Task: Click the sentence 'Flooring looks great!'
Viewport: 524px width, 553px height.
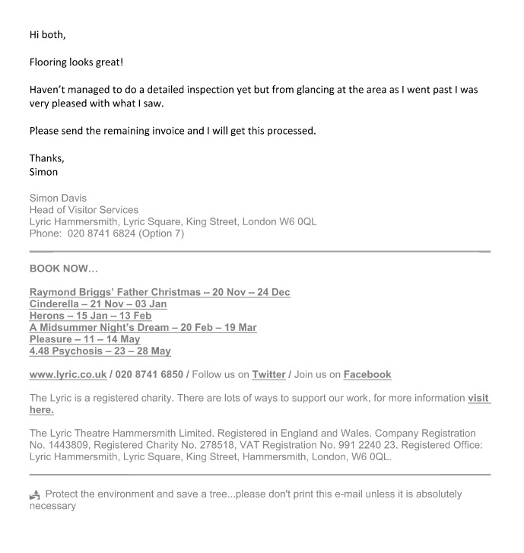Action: [x=76, y=62]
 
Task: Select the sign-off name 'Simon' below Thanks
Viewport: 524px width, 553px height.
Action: [x=43, y=171]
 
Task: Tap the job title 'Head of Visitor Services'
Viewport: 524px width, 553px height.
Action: [x=84, y=210]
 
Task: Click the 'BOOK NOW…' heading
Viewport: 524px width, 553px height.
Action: [x=64, y=269]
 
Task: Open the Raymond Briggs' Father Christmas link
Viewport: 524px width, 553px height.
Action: [x=160, y=292]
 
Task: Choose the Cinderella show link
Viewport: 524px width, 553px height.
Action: [x=98, y=304]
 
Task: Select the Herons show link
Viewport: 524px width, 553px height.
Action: [x=91, y=316]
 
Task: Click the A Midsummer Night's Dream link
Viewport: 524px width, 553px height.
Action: [x=143, y=328]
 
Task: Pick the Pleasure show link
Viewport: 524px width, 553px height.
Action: [x=84, y=339]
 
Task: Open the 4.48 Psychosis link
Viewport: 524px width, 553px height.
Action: [x=100, y=351]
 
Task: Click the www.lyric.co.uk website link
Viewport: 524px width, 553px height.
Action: [x=68, y=374]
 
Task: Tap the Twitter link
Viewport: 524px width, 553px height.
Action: [x=268, y=374]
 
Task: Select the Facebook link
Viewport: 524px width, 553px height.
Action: [x=367, y=374]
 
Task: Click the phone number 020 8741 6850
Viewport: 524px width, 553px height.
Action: [x=151, y=374]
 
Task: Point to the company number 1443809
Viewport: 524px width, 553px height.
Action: [x=67, y=446]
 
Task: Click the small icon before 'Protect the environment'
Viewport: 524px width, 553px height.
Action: [x=34, y=494]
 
